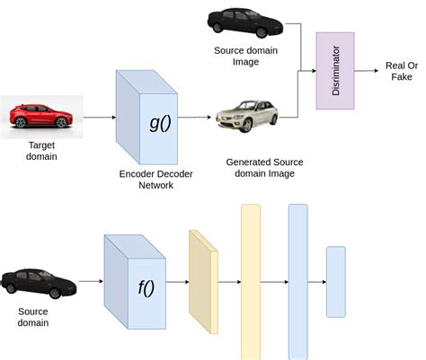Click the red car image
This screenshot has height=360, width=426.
tap(41, 117)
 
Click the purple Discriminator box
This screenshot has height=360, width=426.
tap(334, 71)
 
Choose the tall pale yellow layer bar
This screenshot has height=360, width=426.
tap(250, 282)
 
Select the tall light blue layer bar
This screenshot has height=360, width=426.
tap(297, 282)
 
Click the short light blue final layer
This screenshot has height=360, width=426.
tap(335, 282)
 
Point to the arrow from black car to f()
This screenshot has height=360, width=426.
tap(90, 281)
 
